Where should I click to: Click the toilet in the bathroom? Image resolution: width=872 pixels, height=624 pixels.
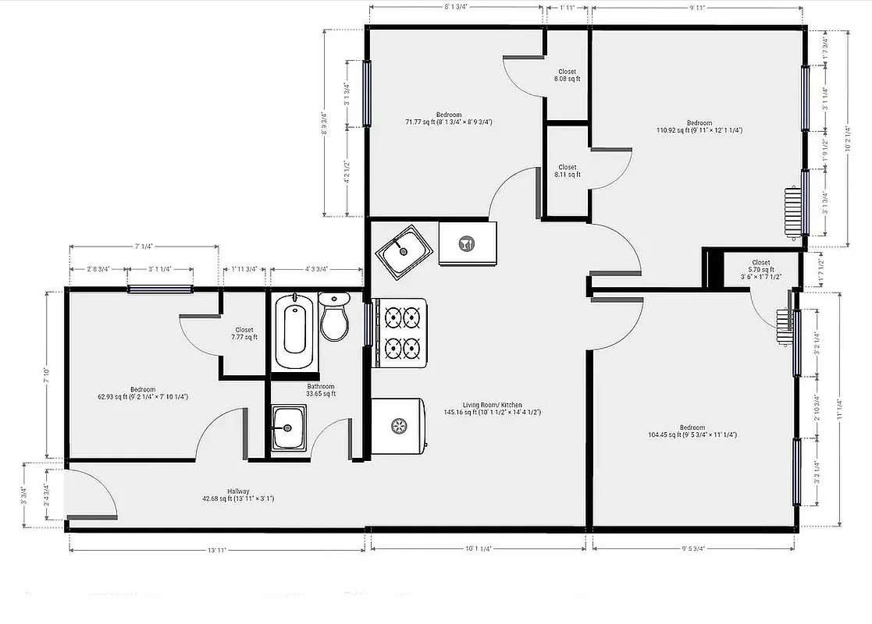(335, 317)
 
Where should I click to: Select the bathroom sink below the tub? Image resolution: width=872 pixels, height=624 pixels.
(288, 428)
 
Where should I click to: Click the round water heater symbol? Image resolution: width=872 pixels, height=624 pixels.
(399, 425)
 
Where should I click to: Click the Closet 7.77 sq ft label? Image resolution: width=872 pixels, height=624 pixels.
(244, 334)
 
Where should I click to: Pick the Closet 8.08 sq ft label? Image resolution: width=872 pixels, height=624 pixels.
(567, 76)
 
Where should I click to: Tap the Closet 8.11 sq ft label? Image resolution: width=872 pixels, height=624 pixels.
(567, 171)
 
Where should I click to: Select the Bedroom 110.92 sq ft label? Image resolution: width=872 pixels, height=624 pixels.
(699, 126)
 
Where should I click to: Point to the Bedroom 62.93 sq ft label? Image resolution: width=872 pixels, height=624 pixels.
(143, 393)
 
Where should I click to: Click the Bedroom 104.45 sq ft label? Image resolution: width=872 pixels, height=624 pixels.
(692, 431)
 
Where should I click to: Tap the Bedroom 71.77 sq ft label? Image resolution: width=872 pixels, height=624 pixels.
(448, 119)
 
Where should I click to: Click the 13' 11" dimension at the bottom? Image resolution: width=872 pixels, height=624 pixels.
(217, 550)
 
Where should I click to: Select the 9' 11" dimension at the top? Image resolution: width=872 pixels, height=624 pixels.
(696, 8)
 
